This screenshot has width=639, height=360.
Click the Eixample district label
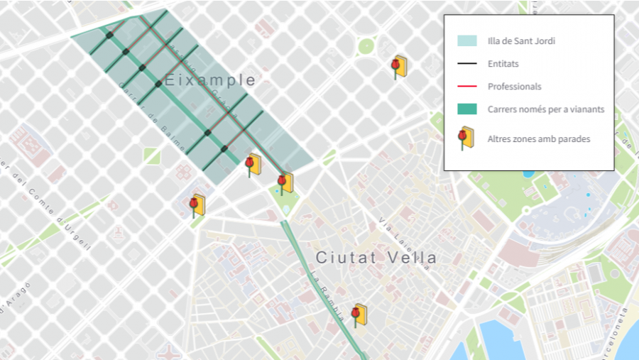[x=209, y=80]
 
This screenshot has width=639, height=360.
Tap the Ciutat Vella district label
[x=376, y=257]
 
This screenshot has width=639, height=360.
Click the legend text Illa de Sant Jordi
[x=521, y=41]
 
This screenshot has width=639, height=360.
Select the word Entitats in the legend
[x=503, y=64]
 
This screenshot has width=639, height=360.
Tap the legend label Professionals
[x=514, y=87]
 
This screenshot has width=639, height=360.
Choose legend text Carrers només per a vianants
[x=545, y=109]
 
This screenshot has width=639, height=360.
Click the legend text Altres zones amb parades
[x=538, y=139]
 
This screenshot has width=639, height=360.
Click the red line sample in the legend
[x=466, y=87]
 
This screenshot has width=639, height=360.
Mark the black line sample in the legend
[x=466, y=64]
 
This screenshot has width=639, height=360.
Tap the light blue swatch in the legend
[x=466, y=41]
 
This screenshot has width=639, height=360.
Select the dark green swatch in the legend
[x=466, y=109]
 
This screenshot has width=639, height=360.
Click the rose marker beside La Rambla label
[x=359, y=314]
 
